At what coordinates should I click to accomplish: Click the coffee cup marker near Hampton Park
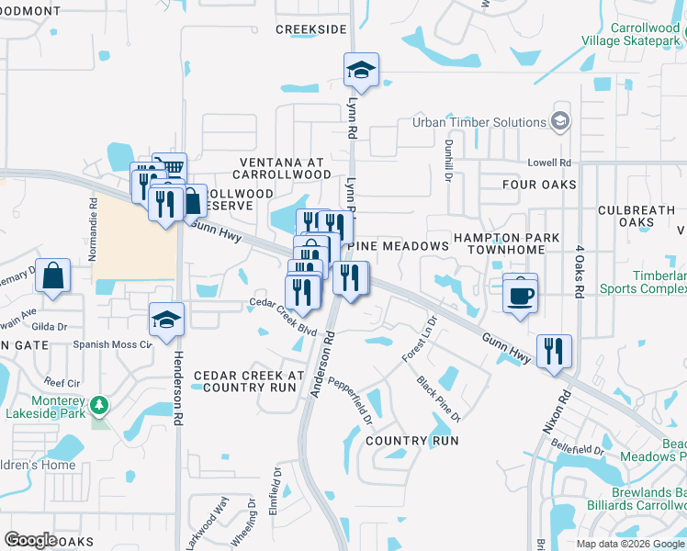[x=521, y=295]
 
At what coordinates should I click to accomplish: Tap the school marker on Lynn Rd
[x=361, y=70]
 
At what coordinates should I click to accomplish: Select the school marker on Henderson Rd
[x=166, y=320]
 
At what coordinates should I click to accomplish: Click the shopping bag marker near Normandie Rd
[x=53, y=275]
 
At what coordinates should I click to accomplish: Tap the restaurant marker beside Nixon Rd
[x=554, y=352]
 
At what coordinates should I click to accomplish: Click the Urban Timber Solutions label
[x=479, y=122]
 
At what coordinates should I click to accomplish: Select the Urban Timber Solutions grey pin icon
[x=559, y=121]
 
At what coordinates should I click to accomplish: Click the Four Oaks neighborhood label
[x=540, y=185]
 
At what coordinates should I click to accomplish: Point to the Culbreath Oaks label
[x=636, y=216]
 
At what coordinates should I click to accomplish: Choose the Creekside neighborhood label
[x=310, y=29]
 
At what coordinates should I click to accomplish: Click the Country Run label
[x=411, y=441]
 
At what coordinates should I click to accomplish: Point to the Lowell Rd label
[x=549, y=163]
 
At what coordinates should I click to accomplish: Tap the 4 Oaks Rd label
[x=580, y=272]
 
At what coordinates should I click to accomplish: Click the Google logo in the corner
[x=30, y=539]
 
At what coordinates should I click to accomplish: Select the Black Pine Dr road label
[x=437, y=399]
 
